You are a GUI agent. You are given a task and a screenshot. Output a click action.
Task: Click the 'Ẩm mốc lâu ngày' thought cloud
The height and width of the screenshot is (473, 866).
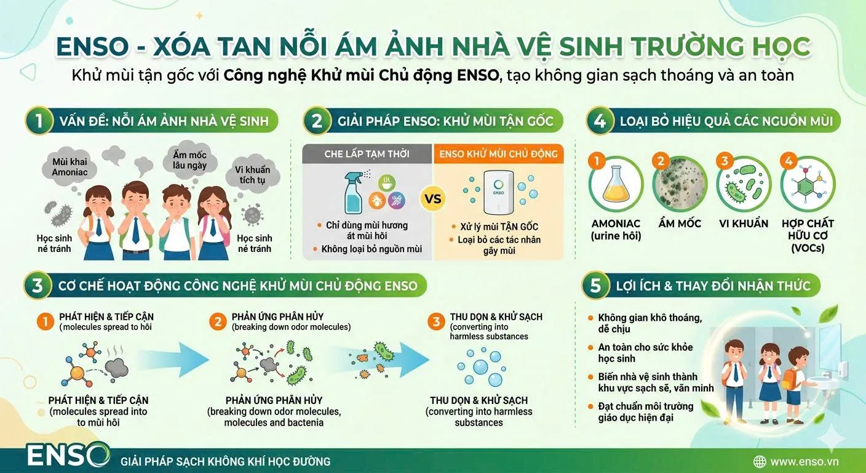pos(189,160)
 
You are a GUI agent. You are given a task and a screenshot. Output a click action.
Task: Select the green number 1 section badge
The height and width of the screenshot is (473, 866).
pos(39,121)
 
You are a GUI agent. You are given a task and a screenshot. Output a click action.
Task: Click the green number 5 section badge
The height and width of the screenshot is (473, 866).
pos(595,286)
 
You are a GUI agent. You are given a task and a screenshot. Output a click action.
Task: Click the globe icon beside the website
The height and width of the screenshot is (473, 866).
pos(760,461)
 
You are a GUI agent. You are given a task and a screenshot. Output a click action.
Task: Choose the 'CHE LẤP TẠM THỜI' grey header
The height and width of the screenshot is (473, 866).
pos(367,154)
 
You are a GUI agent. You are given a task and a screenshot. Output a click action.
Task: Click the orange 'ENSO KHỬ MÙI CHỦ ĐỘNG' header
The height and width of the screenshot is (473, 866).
pos(498,154)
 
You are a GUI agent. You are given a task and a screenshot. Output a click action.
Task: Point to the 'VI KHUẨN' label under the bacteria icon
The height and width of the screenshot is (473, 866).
pos(744,224)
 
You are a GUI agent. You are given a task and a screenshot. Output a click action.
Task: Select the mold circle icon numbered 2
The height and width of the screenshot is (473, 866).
pos(680,185)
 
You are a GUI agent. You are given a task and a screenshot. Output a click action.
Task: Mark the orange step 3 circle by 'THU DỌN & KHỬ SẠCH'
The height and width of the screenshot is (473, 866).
pos(436,321)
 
